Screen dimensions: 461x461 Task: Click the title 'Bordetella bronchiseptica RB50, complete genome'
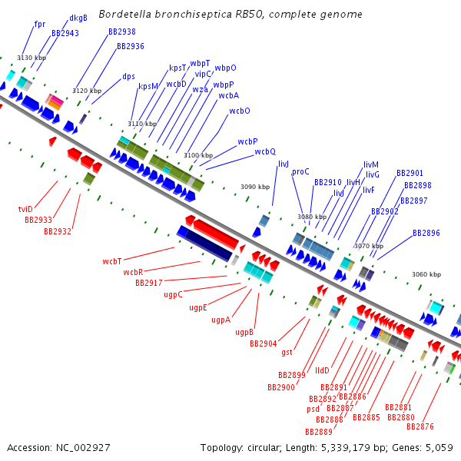click(230, 14)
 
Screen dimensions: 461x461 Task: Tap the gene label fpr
click(40, 24)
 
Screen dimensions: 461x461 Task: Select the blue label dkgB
click(78, 18)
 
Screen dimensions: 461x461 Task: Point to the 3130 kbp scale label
click(32, 58)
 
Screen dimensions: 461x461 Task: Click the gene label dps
click(128, 76)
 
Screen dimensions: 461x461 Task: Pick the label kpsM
click(148, 86)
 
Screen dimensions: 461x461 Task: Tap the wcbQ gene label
click(265, 151)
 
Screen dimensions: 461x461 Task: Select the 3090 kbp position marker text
click(255, 187)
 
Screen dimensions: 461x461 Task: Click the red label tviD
click(25, 209)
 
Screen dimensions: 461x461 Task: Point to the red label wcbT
click(112, 261)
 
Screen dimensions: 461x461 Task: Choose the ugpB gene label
click(244, 332)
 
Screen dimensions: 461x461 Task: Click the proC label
click(300, 171)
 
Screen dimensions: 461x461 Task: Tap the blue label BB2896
click(426, 233)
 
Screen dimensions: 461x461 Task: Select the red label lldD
click(322, 370)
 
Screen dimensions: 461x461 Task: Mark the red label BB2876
click(420, 426)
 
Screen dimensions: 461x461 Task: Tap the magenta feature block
click(57, 100)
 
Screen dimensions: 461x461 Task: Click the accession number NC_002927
click(83, 448)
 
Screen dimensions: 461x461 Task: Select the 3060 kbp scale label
click(426, 274)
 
